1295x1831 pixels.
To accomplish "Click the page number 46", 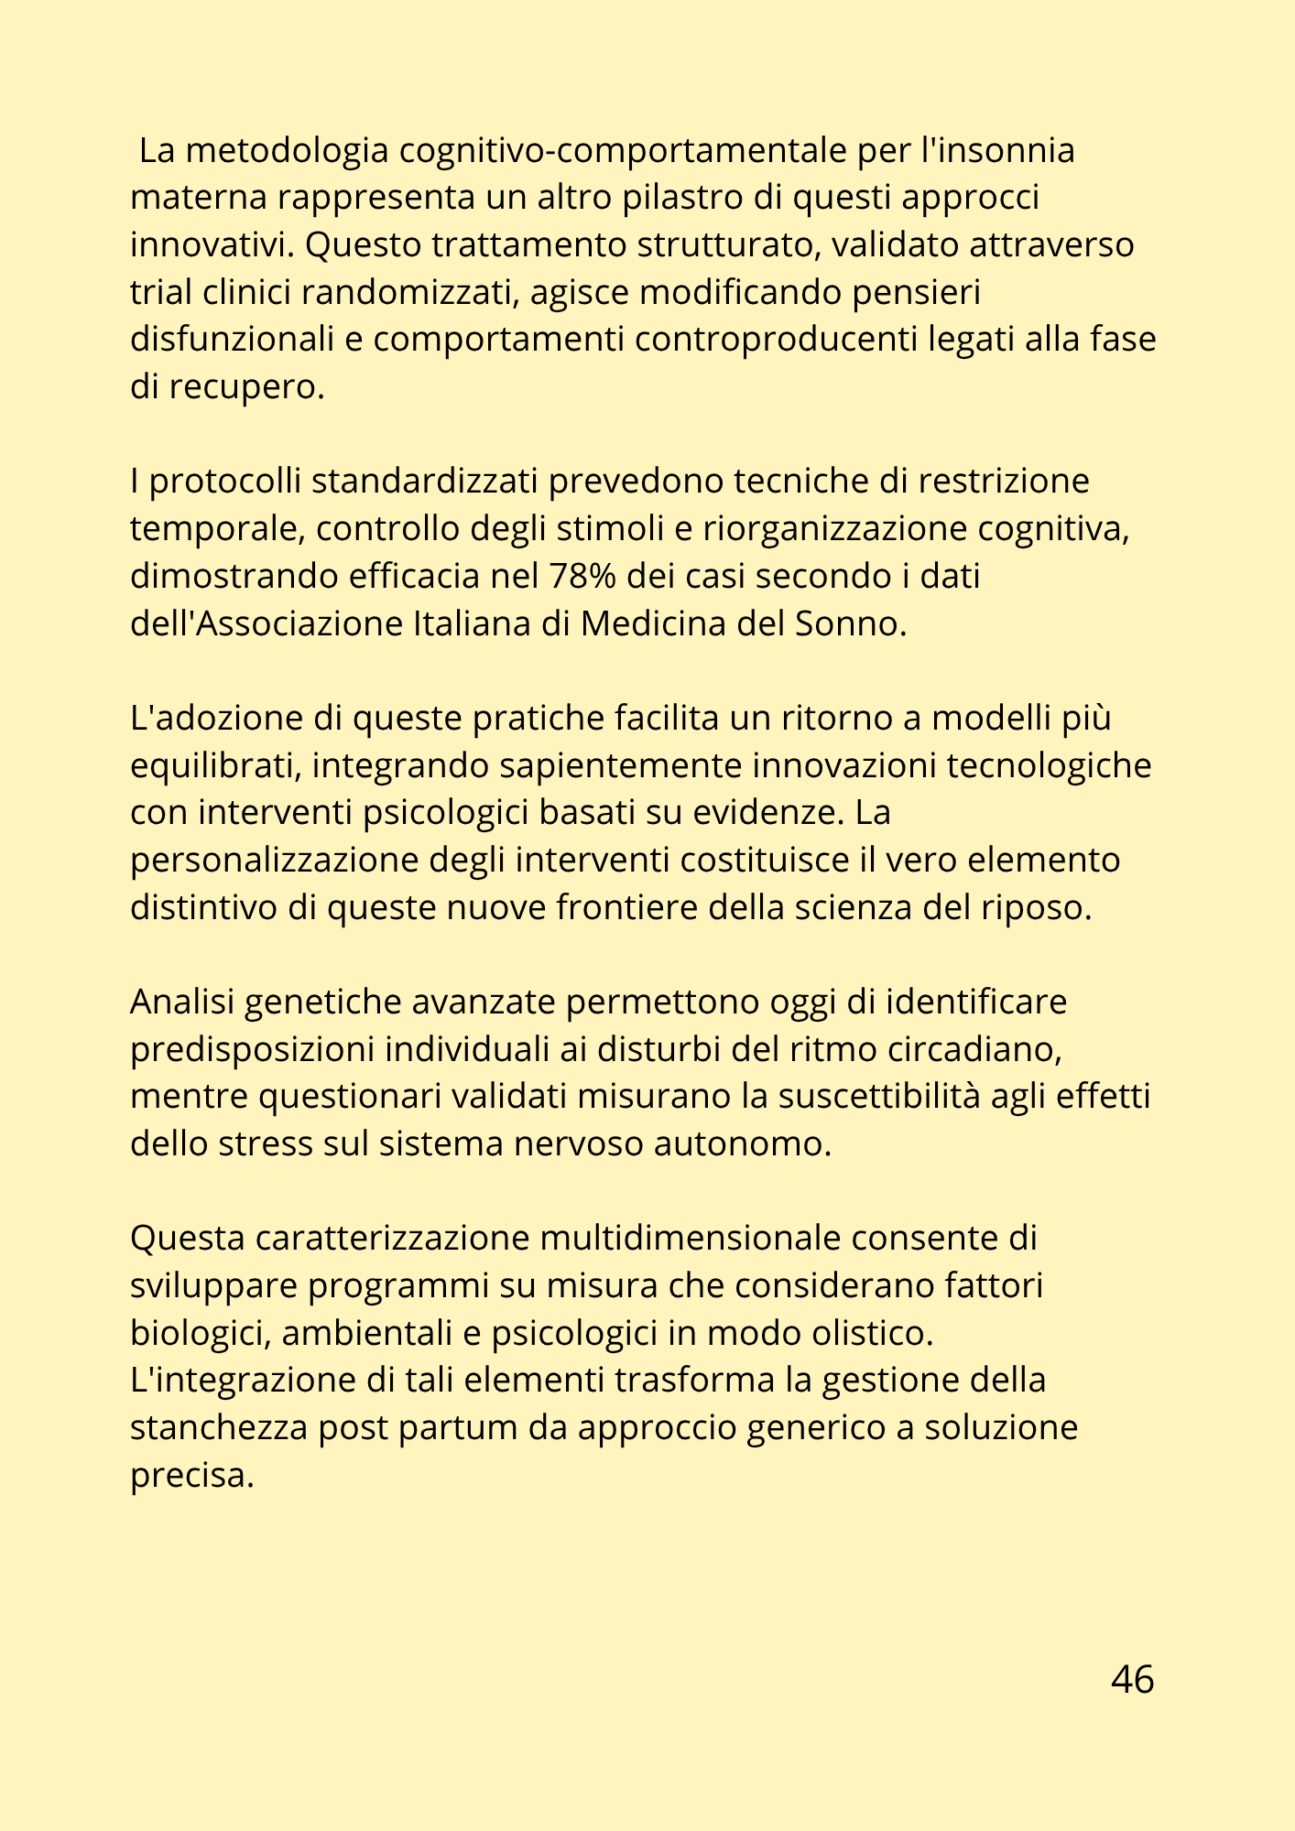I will click(1132, 1679).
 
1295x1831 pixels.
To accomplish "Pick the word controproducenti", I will click(777, 339).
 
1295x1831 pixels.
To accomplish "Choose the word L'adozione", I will click(216, 718).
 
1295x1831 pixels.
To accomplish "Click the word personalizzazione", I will click(274, 861).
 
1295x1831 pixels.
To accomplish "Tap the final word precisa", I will click(191, 1475).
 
